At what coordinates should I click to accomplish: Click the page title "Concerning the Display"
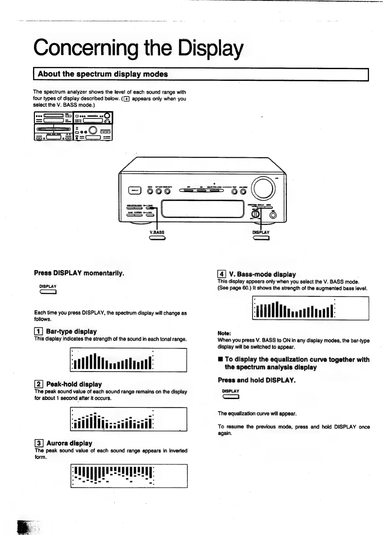pyautogui.click(x=138, y=48)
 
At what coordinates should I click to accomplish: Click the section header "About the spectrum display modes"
pyautogui.click(x=103, y=74)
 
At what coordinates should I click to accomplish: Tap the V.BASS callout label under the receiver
pyautogui.click(x=157, y=232)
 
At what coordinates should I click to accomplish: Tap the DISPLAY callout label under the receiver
pyautogui.click(x=261, y=232)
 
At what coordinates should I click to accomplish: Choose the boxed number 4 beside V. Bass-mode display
pyautogui.click(x=222, y=274)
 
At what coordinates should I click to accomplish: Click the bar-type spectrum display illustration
pyautogui.click(x=128, y=360)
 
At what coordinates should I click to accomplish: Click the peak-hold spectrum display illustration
pyautogui.click(x=129, y=419)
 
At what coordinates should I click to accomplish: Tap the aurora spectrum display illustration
pyautogui.click(x=129, y=476)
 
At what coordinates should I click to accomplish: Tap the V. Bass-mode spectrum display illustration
pyautogui.click(x=310, y=308)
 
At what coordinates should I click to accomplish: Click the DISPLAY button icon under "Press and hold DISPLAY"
pyautogui.click(x=231, y=397)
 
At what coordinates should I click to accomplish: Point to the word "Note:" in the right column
pyautogui.click(x=224, y=333)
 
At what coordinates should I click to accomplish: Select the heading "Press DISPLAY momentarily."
pyautogui.click(x=79, y=273)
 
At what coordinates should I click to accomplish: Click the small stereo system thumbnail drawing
pyautogui.click(x=73, y=126)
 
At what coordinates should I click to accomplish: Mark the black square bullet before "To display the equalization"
pyautogui.click(x=220, y=359)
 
